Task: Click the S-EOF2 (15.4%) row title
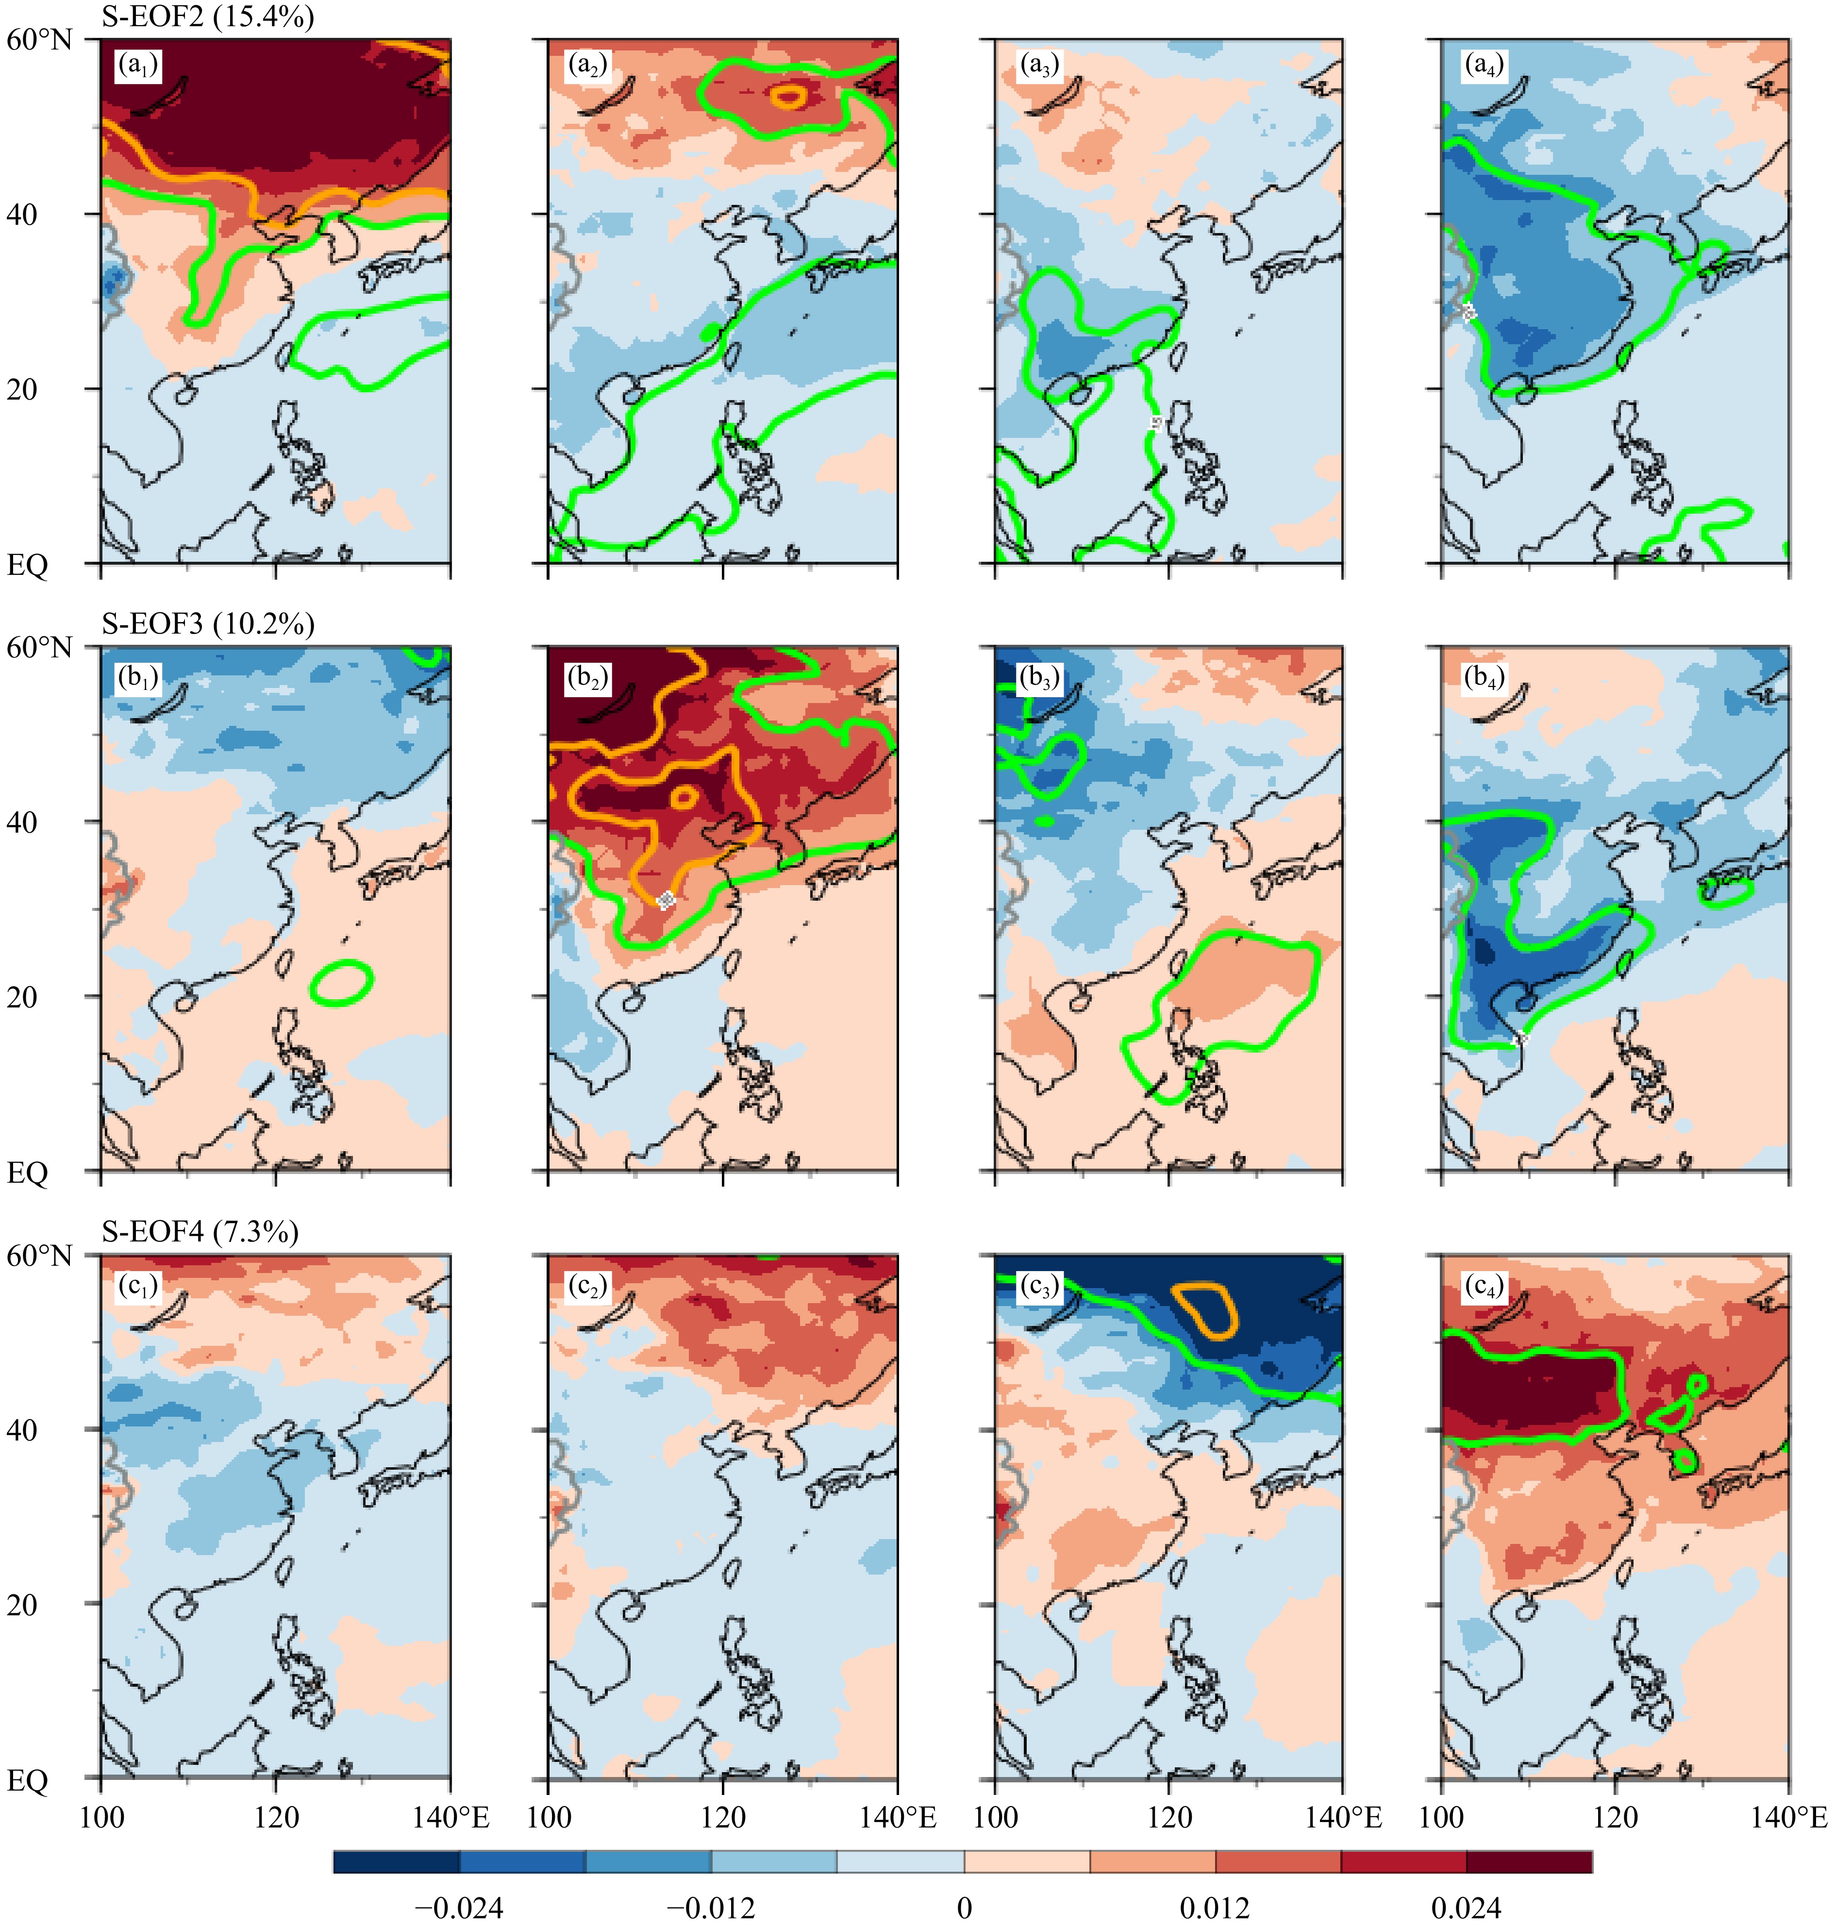(207, 17)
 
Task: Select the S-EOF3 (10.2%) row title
(207, 623)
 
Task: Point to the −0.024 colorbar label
(459, 1908)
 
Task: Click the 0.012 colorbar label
(1214, 1908)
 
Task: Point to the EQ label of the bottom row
(27, 1780)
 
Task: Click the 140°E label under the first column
(450, 1817)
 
